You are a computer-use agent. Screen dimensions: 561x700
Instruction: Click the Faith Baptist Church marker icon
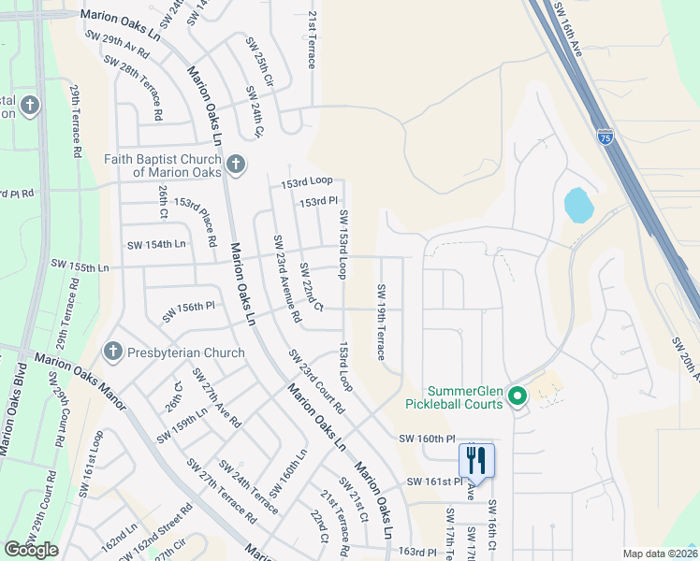tap(235, 165)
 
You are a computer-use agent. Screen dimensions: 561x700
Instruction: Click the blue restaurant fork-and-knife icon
tap(476, 460)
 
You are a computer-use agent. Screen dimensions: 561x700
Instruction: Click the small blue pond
tap(577, 205)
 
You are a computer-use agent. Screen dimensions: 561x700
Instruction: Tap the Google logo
tap(32, 550)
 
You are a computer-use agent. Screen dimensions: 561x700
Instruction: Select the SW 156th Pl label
tap(188, 310)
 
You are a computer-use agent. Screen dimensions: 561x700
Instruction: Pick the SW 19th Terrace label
tap(381, 321)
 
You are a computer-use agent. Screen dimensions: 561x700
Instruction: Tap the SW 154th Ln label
tap(156, 244)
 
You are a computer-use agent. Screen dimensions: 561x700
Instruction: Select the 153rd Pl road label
tap(318, 202)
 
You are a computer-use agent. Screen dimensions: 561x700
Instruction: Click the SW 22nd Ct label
tap(311, 287)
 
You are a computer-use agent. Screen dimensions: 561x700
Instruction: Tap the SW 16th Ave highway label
tap(568, 29)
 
